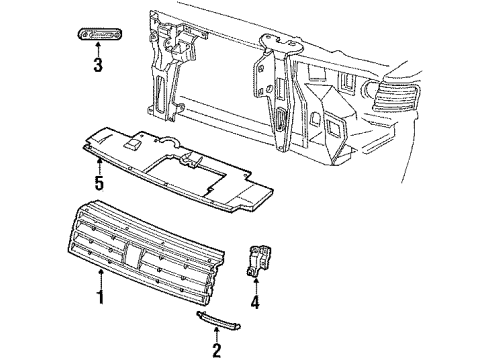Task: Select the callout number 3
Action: click(x=98, y=67)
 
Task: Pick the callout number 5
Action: click(x=99, y=182)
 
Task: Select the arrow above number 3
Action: click(x=98, y=48)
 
